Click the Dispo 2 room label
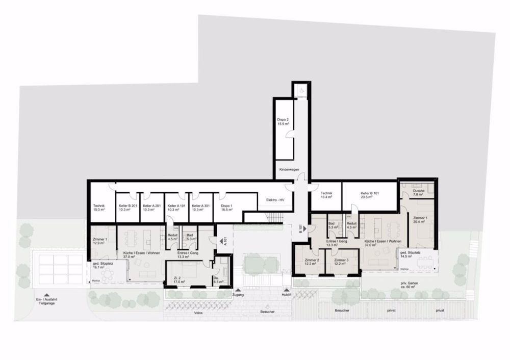tap(283, 121)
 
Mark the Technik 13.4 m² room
tap(326, 195)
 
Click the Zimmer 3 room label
tap(341, 262)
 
